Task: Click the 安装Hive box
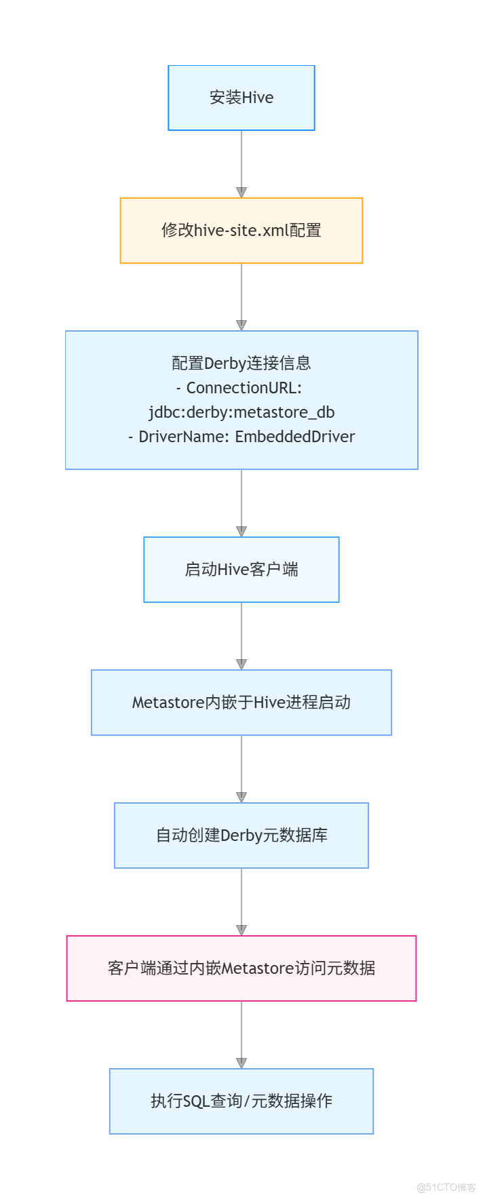[241, 98]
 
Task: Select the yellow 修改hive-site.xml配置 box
[241, 231]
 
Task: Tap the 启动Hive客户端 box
[241, 570]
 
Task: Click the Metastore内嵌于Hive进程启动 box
[241, 703]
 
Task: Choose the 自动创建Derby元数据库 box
[241, 836]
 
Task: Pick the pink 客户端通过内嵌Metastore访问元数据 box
[241, 968]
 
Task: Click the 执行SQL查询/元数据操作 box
[241, 1101]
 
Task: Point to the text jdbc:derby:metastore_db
[241, 412]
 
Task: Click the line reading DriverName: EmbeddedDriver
[241, 437]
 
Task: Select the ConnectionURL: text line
[241, 388]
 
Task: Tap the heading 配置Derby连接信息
[241, 363]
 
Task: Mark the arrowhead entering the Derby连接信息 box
[241, 326]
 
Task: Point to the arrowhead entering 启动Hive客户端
[241, 532]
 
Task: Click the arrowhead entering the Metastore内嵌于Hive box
[241, 665]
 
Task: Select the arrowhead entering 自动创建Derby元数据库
[241, 798]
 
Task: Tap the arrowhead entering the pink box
[241, 930]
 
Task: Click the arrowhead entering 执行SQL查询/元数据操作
[241, 1063]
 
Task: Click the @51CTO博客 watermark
[446, 1187]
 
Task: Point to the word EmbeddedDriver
[295, 437]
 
